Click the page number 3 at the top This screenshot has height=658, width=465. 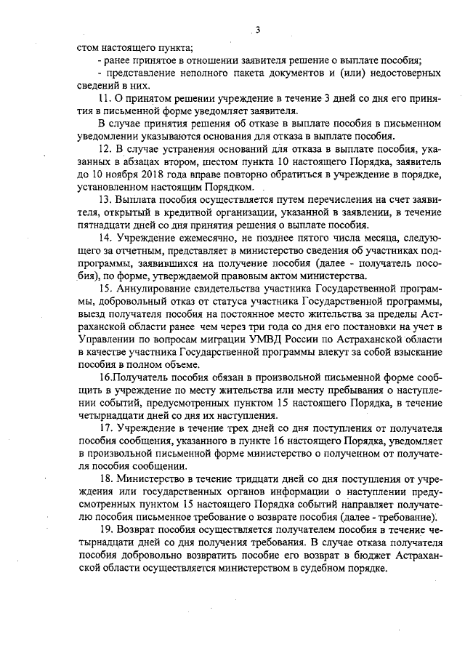click(257, 30)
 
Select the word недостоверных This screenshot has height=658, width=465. click(404, 73)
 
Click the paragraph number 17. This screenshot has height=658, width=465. click(103, 428)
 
